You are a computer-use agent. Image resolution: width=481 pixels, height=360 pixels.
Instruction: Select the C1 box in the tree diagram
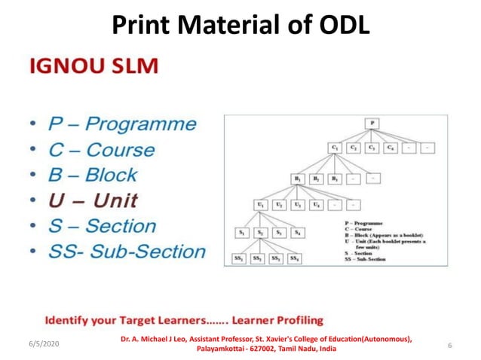click(335, 149)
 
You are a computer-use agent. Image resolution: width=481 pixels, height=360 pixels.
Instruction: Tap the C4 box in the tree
click(390, 149)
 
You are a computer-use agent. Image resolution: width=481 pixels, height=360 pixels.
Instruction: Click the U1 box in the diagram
click(262, 204)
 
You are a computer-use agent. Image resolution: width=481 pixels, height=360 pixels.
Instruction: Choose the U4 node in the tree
click(317, 204)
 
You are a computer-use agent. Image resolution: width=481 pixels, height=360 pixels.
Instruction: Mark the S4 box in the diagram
click(299, 233)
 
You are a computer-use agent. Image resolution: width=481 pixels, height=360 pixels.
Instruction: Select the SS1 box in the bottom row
click(239, 259)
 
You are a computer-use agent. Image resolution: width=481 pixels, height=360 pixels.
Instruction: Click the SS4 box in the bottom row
click(294, 259)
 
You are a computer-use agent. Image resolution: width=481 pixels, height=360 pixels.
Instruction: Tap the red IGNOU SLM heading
click(93, 66)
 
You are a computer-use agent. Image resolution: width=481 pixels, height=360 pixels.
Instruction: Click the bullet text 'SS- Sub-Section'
click(126, 251)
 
